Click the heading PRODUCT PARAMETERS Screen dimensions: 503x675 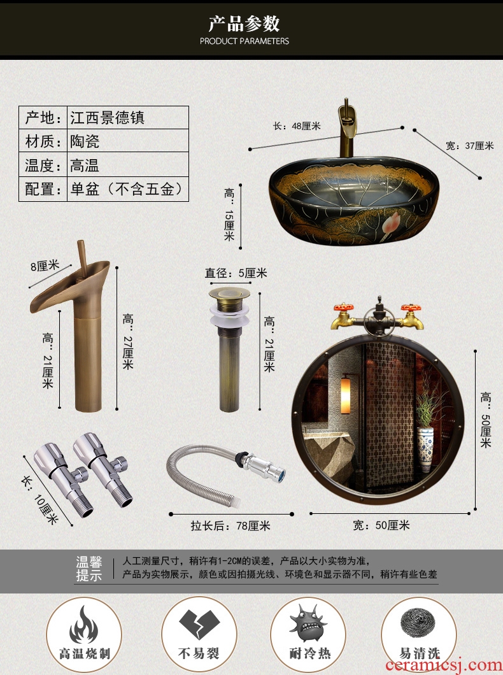[244, 41]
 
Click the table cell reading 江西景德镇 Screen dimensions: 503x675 [128, 118]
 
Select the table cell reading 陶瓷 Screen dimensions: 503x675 [128, 141]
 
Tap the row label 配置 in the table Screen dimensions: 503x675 [43, 189]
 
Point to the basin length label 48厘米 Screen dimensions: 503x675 [297, 126]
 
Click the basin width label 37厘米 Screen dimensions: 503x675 [469, 146]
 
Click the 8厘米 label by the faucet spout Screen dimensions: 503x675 [45, 266]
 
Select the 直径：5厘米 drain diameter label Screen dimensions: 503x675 [236, 273]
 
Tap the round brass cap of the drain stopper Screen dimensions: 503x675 [229, 294]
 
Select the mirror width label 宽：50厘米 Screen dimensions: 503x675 [381, 525]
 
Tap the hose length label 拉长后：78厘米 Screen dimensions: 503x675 [230, 525]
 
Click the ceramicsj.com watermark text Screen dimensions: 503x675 [444, 665]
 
